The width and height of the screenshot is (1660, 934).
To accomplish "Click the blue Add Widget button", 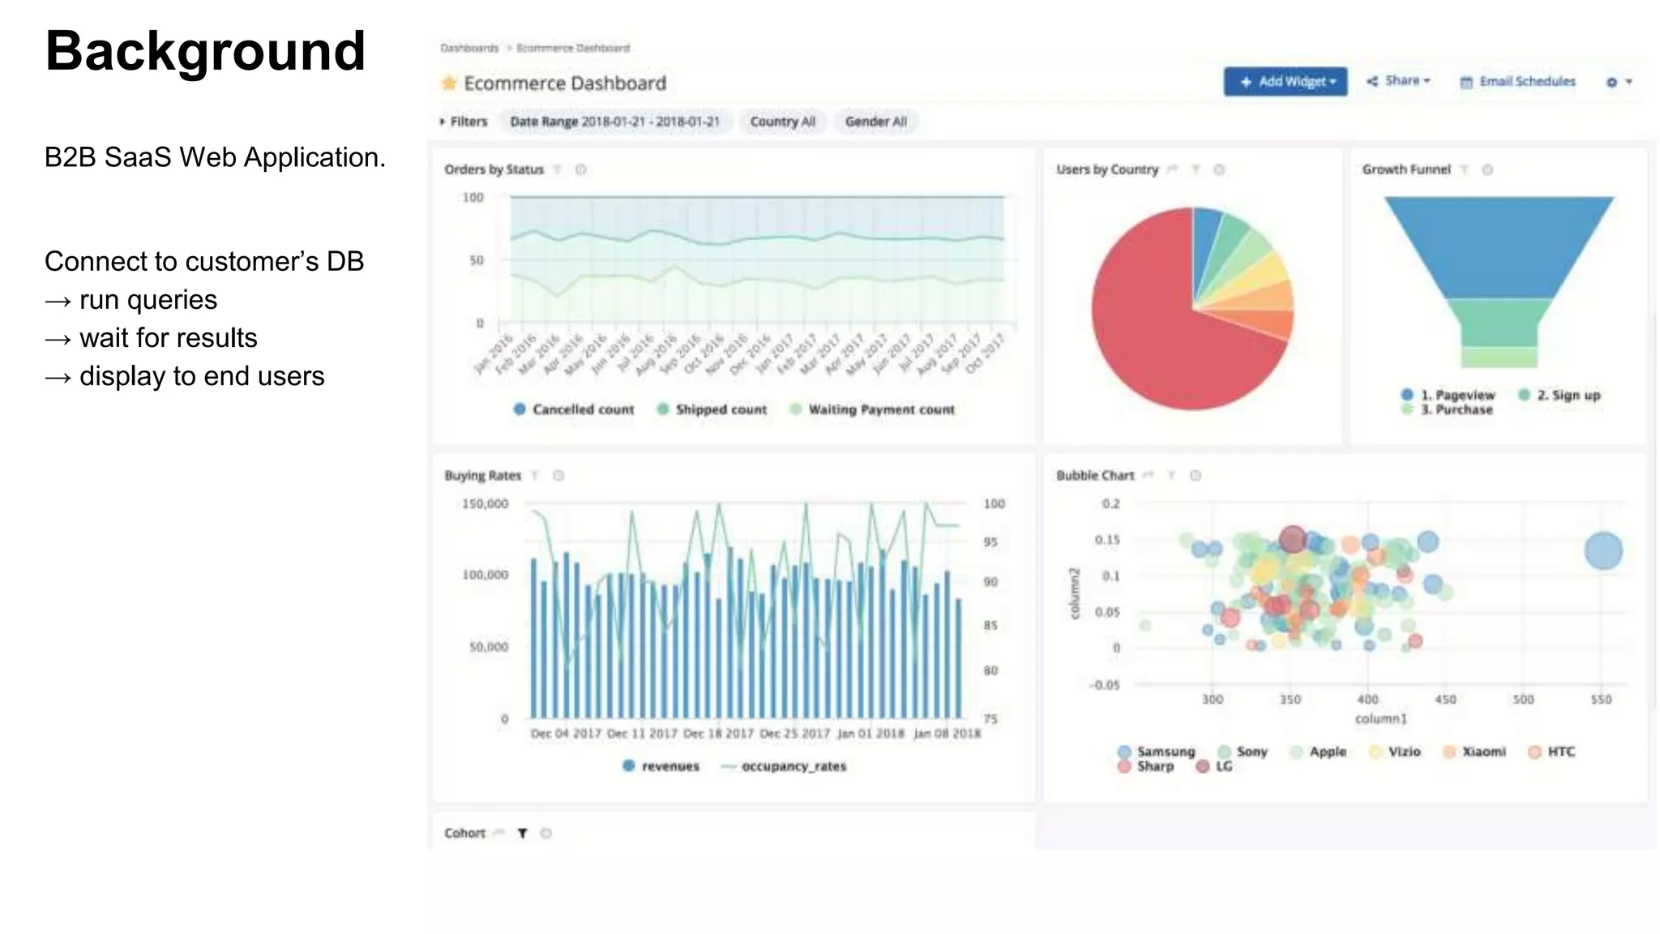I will [1285, 82].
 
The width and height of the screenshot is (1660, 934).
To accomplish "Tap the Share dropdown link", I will [1399, 81].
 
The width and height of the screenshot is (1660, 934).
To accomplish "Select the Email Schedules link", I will [1517, 82].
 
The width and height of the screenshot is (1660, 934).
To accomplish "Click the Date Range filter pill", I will [614, 122].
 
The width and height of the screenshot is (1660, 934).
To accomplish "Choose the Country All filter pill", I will [782, 122].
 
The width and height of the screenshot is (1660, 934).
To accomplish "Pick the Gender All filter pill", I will [875, 122].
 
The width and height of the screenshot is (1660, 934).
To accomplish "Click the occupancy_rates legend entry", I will [784, 766].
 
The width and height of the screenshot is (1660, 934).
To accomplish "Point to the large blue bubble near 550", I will [1602, 551].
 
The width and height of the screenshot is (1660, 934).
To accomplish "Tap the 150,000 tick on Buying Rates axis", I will [485, 503].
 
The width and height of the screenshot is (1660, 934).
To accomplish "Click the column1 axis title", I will [1380, 718].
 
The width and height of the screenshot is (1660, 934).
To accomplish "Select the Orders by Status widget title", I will [494, 169].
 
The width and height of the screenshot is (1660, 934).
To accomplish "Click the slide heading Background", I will [205, 51].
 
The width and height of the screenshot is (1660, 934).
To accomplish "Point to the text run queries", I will [148, 300].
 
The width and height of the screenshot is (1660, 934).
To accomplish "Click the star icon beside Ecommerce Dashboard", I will [449, 83].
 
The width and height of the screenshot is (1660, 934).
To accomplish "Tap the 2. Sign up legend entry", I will [1559, 395].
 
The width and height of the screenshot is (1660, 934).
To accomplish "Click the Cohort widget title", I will [464, 833].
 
